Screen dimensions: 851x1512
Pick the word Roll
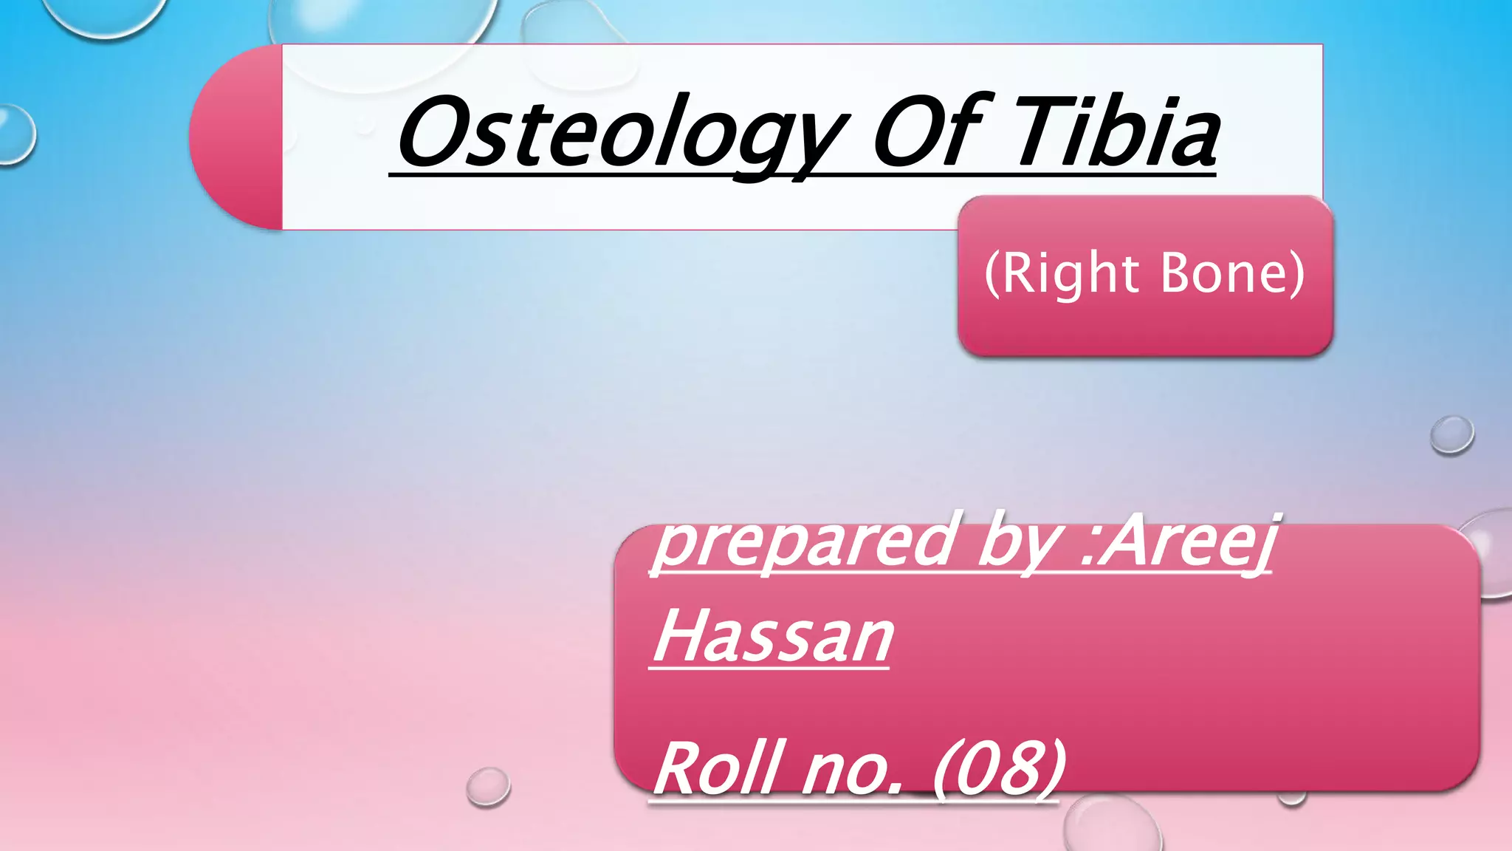point(716,768)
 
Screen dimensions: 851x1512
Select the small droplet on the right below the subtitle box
point(1451,434)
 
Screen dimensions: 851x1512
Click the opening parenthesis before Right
point(992,274)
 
